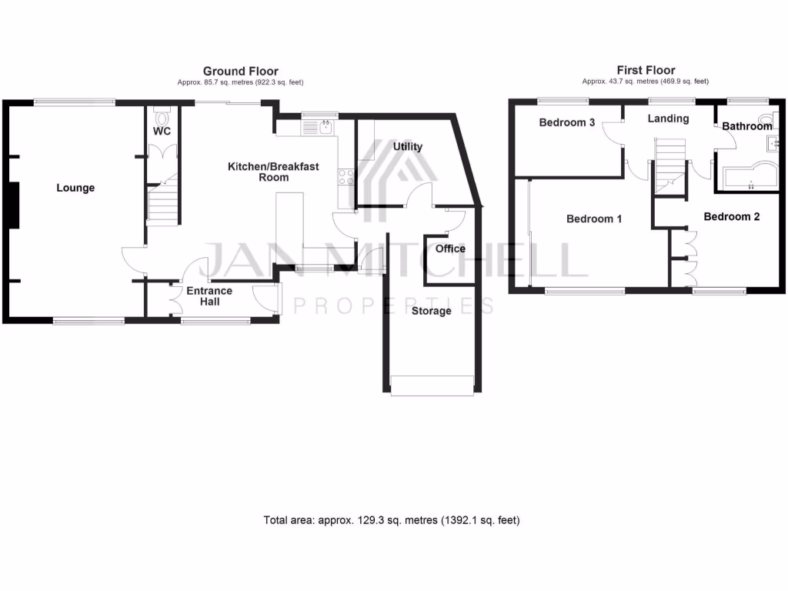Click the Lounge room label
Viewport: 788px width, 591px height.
(75, 188)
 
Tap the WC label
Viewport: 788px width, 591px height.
(162, 132)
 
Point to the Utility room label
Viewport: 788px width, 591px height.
(407, 146)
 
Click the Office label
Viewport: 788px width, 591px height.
(450, 249)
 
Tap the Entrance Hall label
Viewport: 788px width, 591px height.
(209, 296)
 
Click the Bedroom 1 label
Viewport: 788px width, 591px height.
(594, 219)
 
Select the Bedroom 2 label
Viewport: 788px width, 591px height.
(731, 217)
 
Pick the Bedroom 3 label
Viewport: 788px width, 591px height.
(566, 122)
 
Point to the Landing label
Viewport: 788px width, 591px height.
(667, 119)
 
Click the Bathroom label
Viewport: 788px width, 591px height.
(746, 126)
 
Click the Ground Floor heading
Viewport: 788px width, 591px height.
(240, 72)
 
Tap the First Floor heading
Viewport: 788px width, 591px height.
(646, 70)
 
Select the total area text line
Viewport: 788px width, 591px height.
(392, 520)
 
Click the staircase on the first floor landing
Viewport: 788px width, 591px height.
(668, 165)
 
